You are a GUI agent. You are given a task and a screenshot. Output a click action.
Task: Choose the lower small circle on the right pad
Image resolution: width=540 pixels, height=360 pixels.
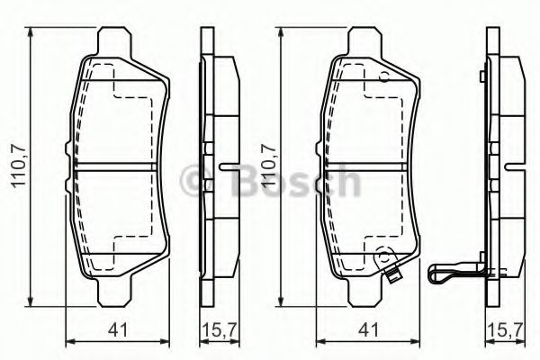(382, 253)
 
